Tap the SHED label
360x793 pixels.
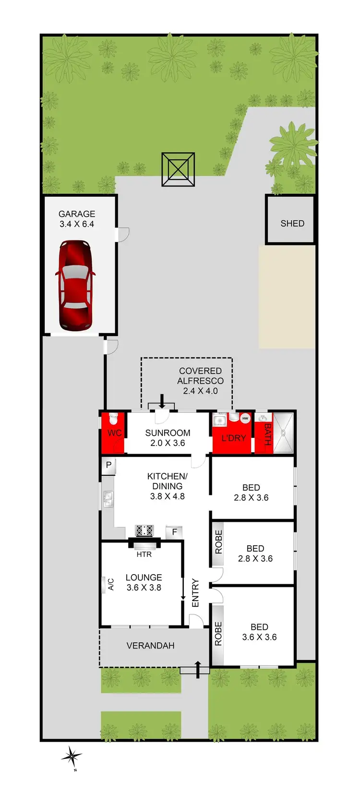click(292, 223)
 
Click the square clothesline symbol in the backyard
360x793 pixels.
click(178, 169)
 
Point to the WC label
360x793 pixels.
click(114, 433)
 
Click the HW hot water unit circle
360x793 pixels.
click(245, 419)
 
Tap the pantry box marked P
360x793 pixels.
click(109, 465)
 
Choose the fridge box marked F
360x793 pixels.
click(174, 532)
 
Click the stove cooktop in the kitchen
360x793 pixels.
click(144, 530)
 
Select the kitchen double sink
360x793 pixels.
click(108, 500)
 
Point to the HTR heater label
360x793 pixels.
click(144, 554)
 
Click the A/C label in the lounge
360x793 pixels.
click(111, 584)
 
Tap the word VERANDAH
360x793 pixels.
click(150, 646)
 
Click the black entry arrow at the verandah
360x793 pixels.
click(197, 669)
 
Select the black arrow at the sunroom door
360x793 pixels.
click(162, 401)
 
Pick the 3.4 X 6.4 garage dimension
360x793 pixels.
click(77, 224)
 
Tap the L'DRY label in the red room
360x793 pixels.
click(233, 438)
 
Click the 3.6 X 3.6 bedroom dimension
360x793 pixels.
click(259, 637)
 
